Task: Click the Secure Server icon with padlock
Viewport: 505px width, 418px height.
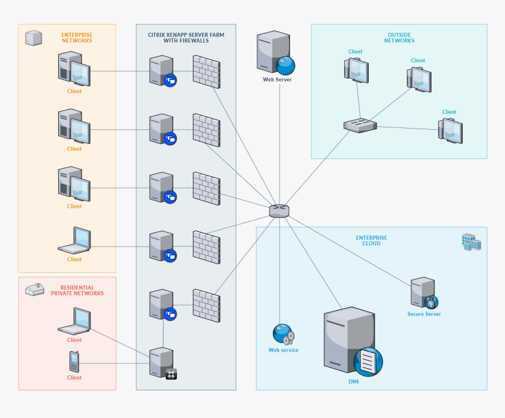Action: [425, 293]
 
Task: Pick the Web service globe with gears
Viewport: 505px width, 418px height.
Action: [283, 334]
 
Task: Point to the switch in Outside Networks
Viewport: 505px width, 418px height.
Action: [360, 125]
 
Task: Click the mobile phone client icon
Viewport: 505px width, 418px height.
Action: [74, 361]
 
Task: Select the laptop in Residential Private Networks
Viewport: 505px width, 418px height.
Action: [75, 321]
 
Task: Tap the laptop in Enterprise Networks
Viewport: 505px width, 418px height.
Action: [75, 240]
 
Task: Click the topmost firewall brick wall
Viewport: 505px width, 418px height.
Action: [206, 70]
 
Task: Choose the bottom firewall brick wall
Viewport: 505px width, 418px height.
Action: [206, 305]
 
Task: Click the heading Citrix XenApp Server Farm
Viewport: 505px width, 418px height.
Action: [186, 38]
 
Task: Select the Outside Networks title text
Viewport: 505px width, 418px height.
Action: [399, 38]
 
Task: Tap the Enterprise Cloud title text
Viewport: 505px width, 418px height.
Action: [372, 241]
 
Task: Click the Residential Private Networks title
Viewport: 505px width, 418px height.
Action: [77, 291]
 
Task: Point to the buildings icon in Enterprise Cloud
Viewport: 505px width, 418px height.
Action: [471, 242]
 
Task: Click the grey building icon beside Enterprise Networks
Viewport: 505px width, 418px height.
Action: [33, 38]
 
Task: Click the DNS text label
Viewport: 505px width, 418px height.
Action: [353, 382]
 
